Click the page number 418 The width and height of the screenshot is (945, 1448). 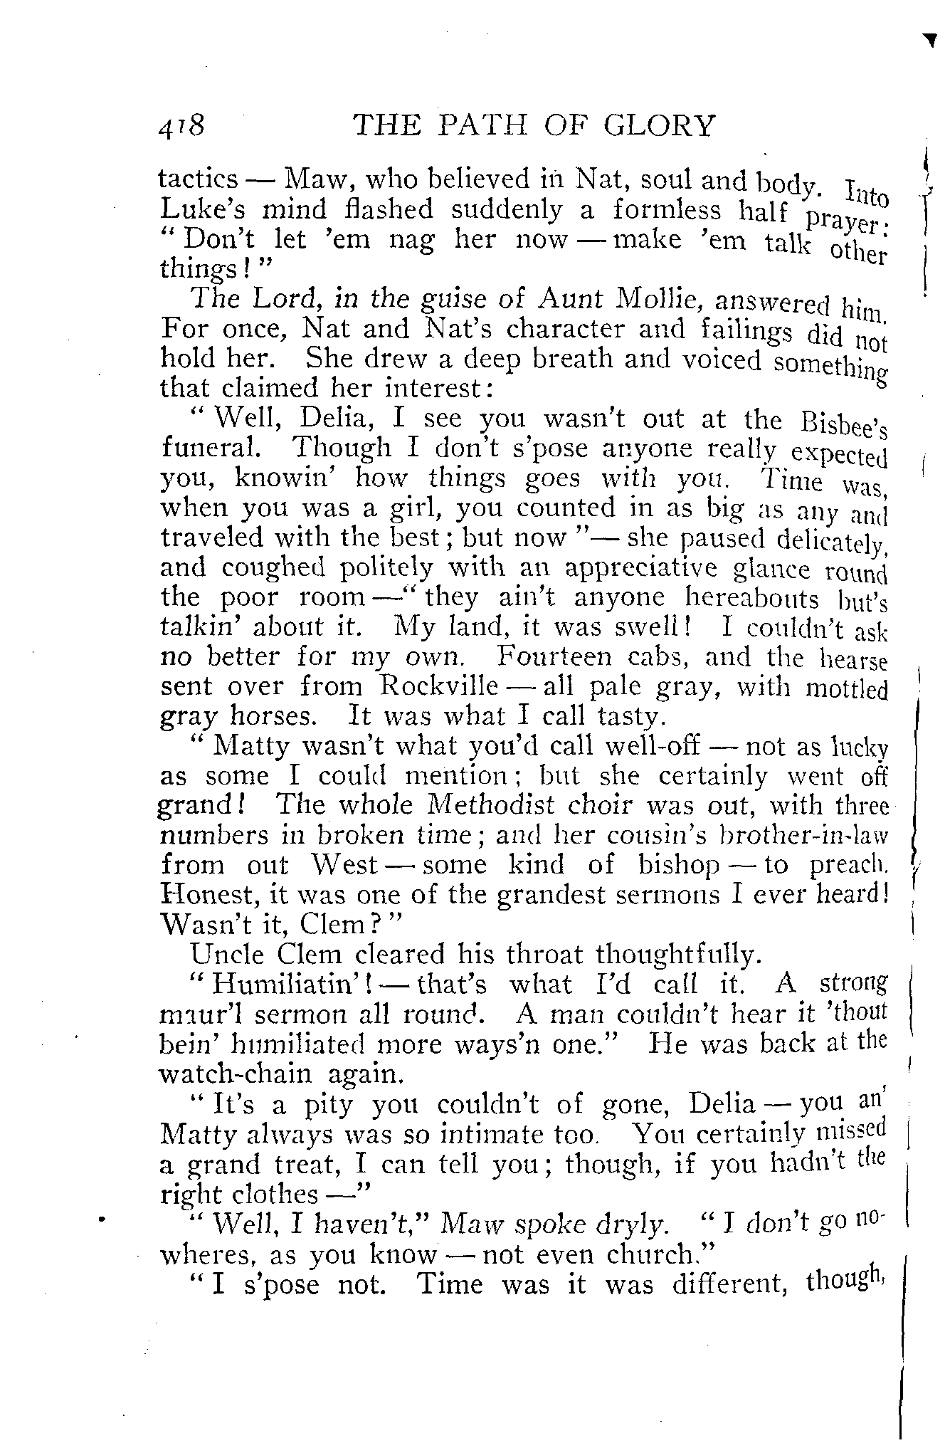[181, 127]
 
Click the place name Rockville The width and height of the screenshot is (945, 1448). [439, 686]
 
